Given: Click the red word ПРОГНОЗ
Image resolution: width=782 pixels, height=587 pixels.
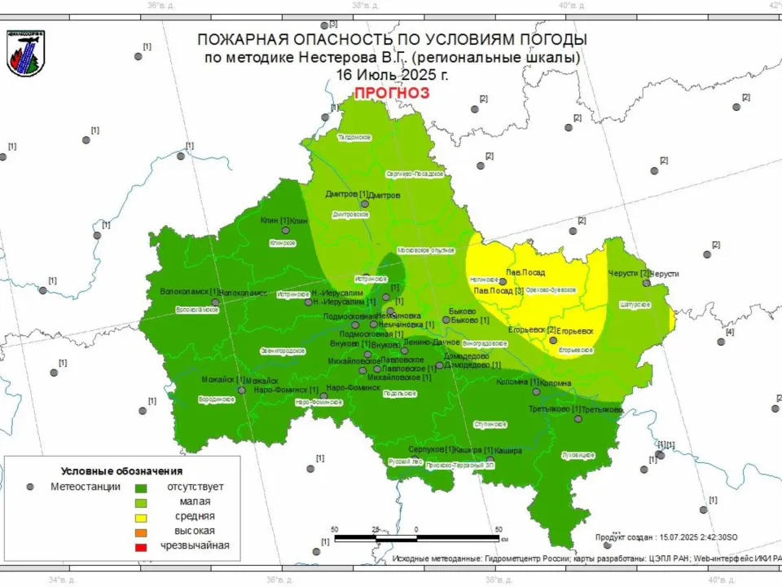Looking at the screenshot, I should coord(391,93).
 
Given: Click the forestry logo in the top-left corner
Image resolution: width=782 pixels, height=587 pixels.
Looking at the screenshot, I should coord(25,54).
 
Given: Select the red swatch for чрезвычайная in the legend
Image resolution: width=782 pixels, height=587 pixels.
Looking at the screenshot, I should coord(141,546).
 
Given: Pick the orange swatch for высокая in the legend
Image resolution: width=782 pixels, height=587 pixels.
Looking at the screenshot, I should coord(141,532).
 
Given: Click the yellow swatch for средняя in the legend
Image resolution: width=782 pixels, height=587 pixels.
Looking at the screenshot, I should coord(141,517).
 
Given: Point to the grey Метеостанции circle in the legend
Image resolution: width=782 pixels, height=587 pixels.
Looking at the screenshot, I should coord(30,487).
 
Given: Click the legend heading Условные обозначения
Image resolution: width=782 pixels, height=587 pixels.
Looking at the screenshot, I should coord(121,471).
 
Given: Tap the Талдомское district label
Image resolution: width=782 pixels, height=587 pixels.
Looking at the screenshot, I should coord(354,137).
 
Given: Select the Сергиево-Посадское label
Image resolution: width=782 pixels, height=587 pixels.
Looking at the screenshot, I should coord(414,174).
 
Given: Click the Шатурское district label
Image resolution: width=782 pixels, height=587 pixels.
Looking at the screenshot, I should coord(635,304).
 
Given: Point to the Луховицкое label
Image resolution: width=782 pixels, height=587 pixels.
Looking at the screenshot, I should coord(578,454).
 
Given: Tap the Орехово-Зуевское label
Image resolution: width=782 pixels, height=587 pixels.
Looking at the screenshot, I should coord(551,290).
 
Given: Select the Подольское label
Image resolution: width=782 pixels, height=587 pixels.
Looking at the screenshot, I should coord(399,394).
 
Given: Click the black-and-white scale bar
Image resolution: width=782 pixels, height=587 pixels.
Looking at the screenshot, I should coord(416,538).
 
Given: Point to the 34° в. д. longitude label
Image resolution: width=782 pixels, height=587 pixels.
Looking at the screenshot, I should coord(62,580).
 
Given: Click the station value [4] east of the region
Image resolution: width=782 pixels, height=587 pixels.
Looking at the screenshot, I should coord(729,332).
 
